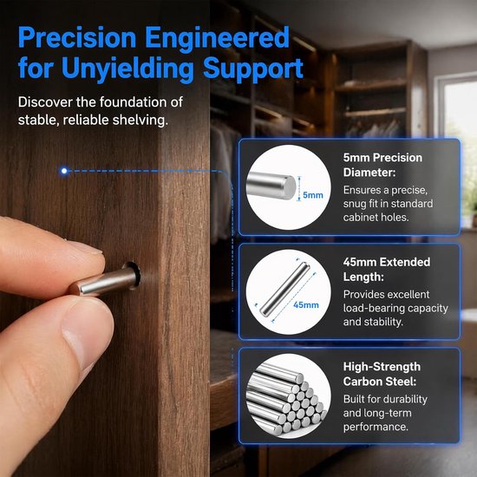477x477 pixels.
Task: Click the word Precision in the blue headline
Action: click(x=77, y=37)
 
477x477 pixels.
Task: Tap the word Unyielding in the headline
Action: click(x=127, y=69)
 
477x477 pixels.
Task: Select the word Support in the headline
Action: click(x=253, y=69)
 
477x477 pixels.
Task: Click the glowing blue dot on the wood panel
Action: click(x=64, y=171)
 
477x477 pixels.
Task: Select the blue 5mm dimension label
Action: click(x=313, y=195)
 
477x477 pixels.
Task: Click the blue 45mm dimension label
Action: click(x=306, y=304)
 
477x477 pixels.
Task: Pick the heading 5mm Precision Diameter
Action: click(x=382, y=165)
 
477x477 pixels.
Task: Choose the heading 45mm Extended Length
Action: click(x=387, y=269)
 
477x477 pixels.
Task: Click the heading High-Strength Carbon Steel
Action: click(x=382, y=374)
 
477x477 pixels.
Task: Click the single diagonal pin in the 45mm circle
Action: click(x=284, y=289)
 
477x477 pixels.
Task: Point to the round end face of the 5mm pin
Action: click(x=289, y=187)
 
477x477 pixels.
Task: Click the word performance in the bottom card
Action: click(x=376, y=427)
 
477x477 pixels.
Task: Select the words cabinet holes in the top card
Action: click(x=376, y=217)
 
